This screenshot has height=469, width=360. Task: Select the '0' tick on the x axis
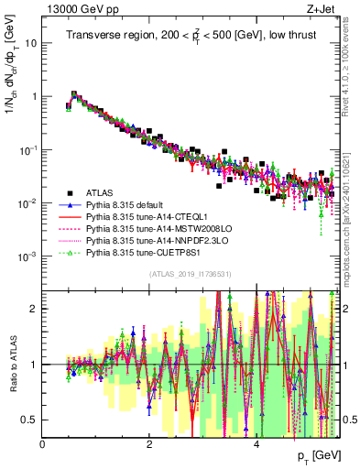(43, 444)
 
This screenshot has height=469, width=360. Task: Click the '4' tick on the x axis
(256, 444)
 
